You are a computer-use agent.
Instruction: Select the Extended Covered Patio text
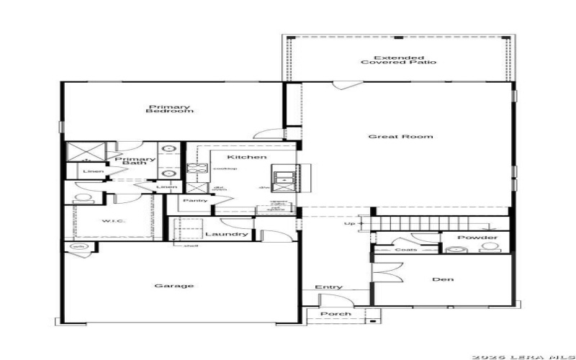398,60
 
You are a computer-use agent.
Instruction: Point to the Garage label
174,286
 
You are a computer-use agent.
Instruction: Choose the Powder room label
477,238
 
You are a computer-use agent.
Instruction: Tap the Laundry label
226,234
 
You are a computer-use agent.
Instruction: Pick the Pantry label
195,200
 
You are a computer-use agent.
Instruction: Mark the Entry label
328,287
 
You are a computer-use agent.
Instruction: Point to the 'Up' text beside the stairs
351,223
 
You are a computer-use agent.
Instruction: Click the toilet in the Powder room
490,248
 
